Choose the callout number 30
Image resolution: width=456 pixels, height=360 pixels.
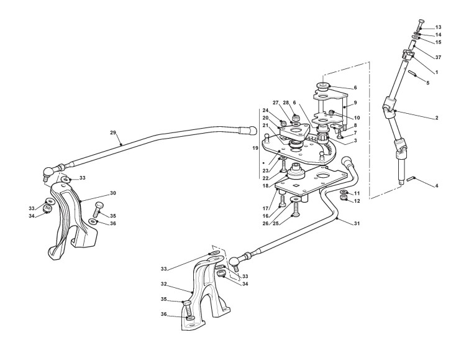click(113, 193)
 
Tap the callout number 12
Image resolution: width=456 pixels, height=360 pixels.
click(357, 201)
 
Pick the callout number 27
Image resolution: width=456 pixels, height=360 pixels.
click(275, 103)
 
